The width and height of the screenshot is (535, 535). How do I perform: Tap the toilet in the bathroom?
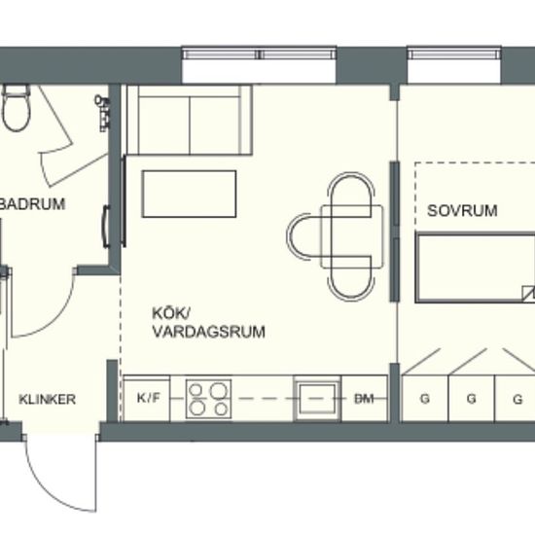coord(15,109)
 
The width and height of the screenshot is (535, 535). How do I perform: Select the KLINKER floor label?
coord(47,399)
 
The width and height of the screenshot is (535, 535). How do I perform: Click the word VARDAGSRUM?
coord(195,332)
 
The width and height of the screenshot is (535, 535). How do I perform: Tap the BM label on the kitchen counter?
coord(365,399)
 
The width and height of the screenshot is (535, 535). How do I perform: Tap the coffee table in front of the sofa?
coord(190,194)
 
